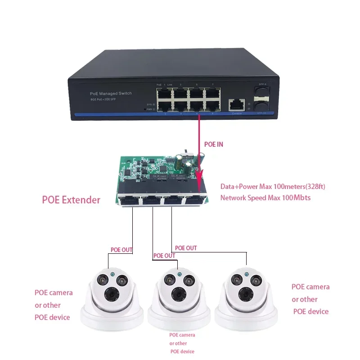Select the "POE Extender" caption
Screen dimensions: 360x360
[71, 200]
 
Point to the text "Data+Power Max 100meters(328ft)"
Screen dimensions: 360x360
[273, 186]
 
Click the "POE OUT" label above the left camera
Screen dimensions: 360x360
[121, 249]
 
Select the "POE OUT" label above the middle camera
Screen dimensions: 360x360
[164, 256]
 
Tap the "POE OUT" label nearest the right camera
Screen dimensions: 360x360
[186, 248]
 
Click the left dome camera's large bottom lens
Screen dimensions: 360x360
[109, 294]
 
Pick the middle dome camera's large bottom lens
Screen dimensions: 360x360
[175, 295]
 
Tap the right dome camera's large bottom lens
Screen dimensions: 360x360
[242, 293]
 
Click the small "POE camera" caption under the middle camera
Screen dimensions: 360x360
[182, 335]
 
